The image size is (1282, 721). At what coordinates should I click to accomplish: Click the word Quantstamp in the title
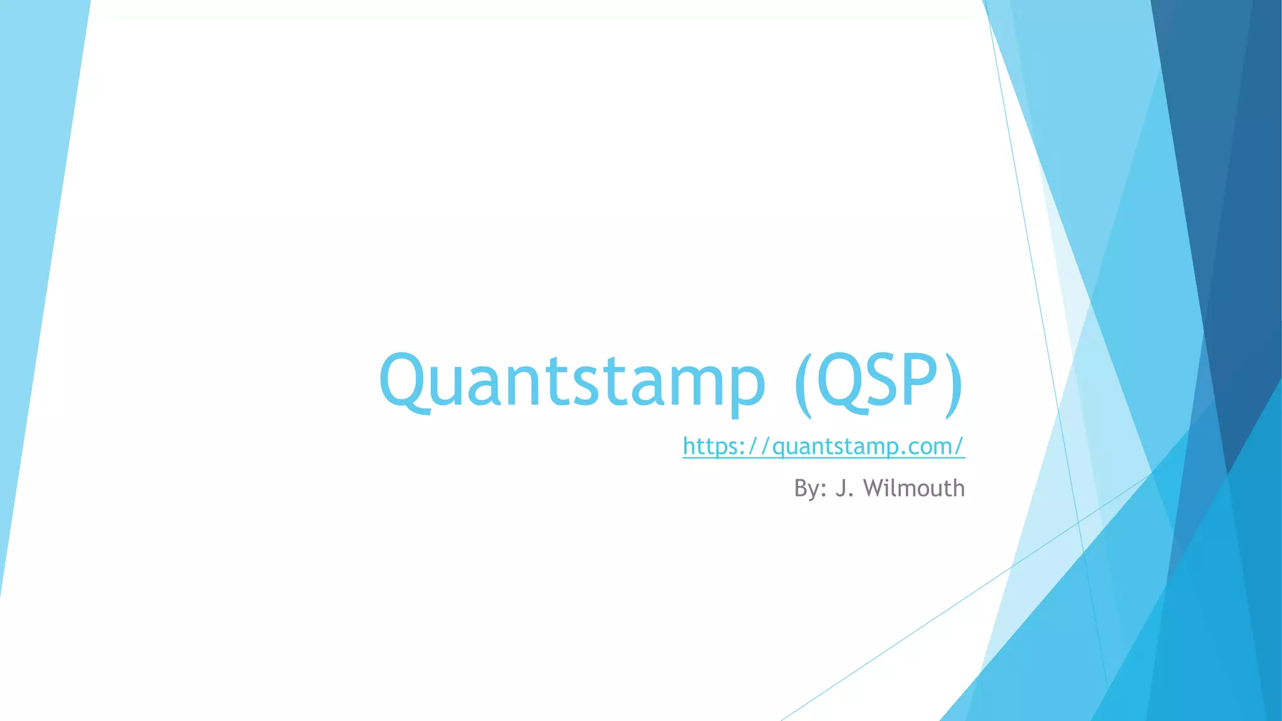(x=572, y=381)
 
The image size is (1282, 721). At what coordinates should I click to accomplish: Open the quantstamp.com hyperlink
(x=823, y=446)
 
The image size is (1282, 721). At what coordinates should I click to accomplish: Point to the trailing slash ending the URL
(x=960, y=446)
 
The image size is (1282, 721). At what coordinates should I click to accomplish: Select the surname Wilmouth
(x=914, y=488)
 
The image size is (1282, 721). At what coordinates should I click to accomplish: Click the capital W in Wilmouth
(x=873, y=488)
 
